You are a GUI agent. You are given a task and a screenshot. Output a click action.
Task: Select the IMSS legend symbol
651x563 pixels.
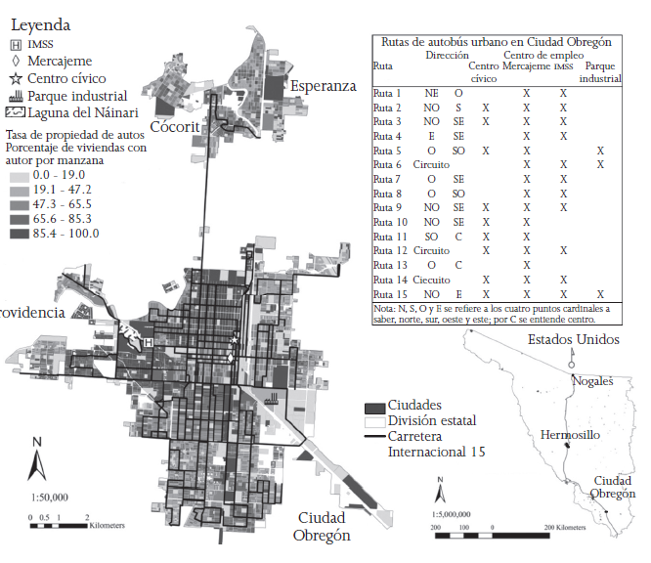(15, 43)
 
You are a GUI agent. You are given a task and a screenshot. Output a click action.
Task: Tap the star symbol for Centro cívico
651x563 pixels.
(15, 77)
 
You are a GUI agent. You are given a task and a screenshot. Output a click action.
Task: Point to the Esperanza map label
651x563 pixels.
(323, 86)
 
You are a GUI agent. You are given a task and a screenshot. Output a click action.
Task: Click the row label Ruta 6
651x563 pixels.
(388, 165)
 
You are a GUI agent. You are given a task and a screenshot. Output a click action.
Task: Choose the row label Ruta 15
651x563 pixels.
(390, 294)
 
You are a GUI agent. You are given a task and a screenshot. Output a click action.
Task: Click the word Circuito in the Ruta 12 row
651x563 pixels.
(431, 251)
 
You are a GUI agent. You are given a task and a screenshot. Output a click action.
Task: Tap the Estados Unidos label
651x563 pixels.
(574, 339)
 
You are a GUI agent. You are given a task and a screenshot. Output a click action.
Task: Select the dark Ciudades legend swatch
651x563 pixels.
(373, 406)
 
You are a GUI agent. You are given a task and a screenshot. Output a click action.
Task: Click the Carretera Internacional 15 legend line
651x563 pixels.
(373, 436)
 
